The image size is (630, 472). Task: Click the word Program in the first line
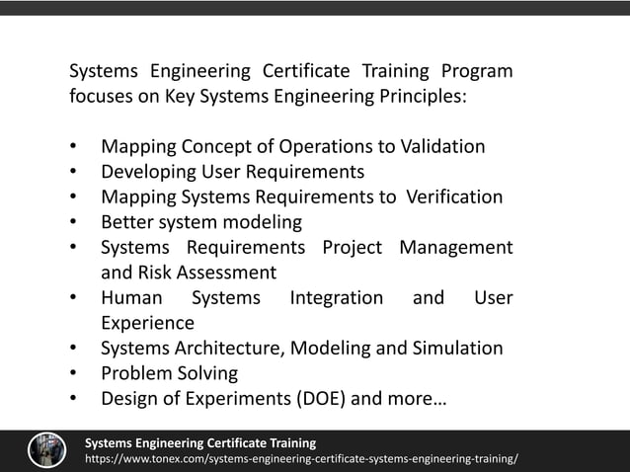point(477,72)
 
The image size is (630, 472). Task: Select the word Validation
point(442,147)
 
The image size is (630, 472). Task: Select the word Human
point(131,297)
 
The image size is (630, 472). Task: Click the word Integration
point(336,297)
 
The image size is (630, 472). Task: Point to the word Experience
point(147,323)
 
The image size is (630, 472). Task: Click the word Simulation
point(457,348)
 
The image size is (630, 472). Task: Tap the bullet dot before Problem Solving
point(74,373)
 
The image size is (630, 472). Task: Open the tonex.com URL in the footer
point(301,460)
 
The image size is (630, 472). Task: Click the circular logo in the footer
point(46,450)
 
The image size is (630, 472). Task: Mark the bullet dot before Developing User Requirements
point(74,172)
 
